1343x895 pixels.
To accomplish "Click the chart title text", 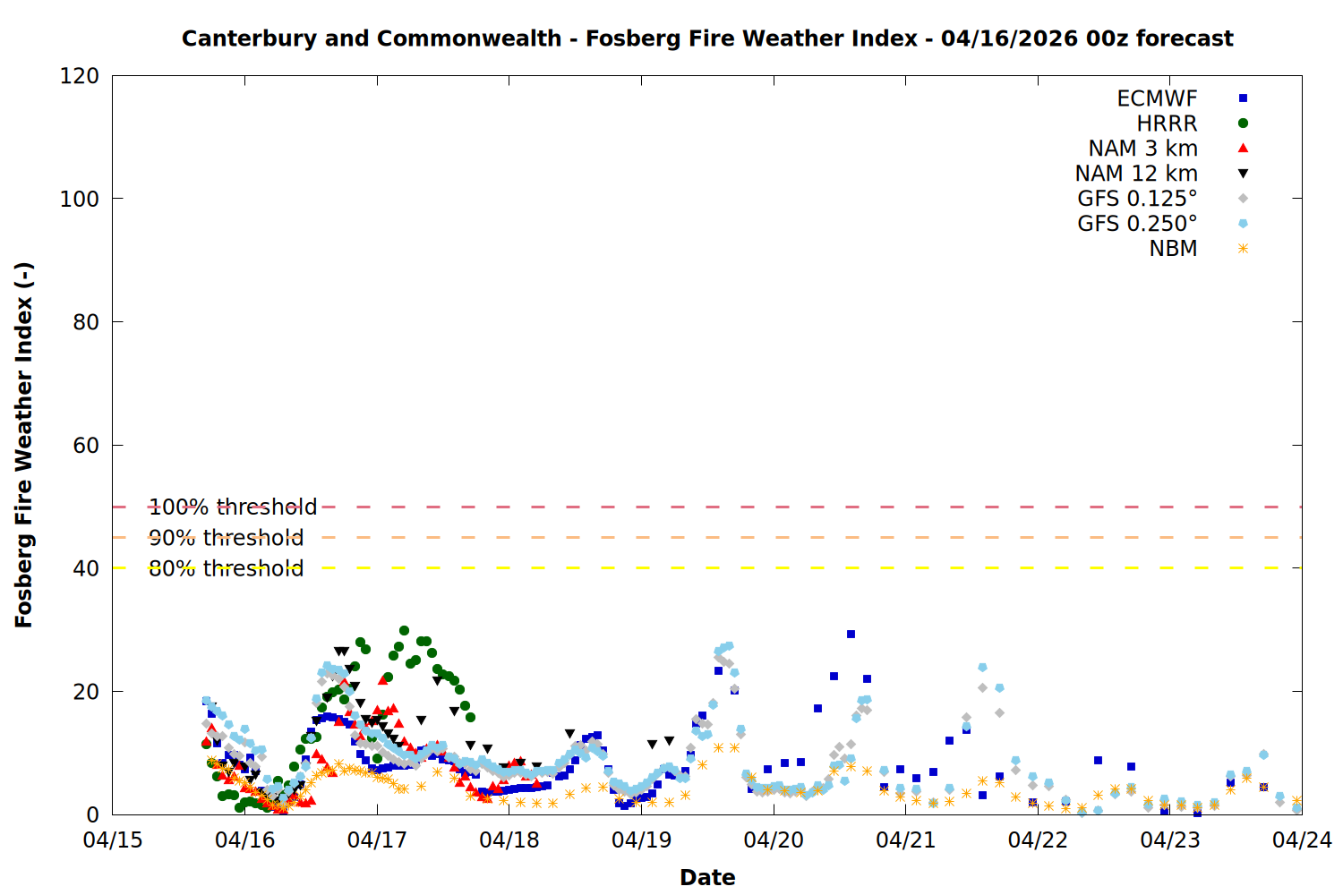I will [707, 38].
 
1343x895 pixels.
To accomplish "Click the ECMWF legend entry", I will [1157, 98].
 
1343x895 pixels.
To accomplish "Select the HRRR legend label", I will [1167, 124].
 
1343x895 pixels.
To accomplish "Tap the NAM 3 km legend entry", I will [1142, 149].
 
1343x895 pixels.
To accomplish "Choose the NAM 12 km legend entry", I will [1136, 174].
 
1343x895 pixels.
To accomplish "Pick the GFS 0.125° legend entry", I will [1137, 199].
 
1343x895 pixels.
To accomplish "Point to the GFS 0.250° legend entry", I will [1137, 224].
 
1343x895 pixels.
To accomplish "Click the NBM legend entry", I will [1173, 249].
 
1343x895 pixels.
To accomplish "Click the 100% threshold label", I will [233, 507].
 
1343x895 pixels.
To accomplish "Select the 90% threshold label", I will [226, 538].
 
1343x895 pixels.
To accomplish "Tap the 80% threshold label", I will [226, 568].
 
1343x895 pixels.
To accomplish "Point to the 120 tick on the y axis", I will [80, 76].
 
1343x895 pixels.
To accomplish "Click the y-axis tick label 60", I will [86, 446].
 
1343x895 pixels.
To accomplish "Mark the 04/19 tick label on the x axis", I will [641, 840].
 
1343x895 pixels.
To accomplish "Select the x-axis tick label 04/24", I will [1302, 840].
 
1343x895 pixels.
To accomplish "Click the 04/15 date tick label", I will [113, 840].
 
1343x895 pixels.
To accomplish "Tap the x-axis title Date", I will [707, 877].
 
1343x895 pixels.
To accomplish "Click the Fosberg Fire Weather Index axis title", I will [24, 445].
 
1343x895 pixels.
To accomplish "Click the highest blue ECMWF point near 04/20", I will [851, 634].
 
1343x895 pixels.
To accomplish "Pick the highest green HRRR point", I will [404, 631].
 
